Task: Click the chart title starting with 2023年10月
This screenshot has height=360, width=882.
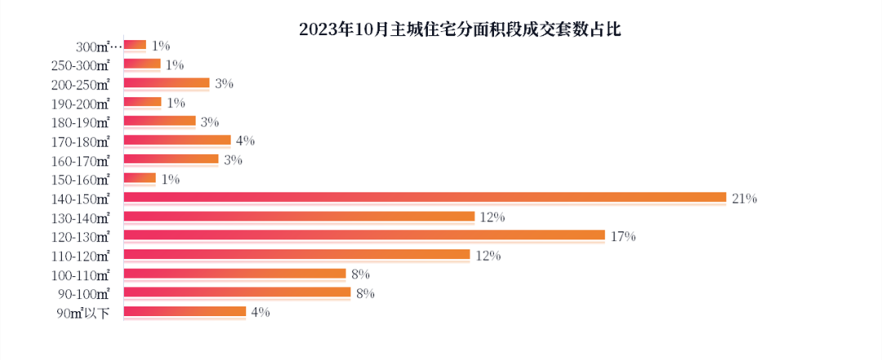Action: tap(461, 30)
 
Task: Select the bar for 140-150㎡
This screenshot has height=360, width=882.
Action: tap(425, 198)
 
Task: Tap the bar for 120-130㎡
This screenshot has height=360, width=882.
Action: tap(364, 235)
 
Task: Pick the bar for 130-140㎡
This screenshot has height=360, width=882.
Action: tap(299, 216)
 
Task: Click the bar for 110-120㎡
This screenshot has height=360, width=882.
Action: tap(296, 255)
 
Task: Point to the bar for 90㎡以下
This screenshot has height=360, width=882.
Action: tap(185, 311)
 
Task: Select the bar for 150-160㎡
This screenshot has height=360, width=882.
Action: tap(140, 178)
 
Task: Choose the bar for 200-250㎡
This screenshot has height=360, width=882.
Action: tap(167, 82)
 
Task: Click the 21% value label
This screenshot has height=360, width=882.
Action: tap(745, 198)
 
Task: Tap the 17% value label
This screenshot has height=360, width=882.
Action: tap(623, 236)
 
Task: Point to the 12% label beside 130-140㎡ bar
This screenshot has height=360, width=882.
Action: tap(493, 217)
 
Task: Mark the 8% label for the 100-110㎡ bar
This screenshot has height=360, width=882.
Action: tap(361, 274)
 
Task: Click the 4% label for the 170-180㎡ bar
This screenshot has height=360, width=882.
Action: tap(245, 141)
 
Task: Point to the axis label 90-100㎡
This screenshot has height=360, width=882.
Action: tap(85, 292)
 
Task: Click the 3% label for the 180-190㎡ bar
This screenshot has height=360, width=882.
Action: tap(210, 122)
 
